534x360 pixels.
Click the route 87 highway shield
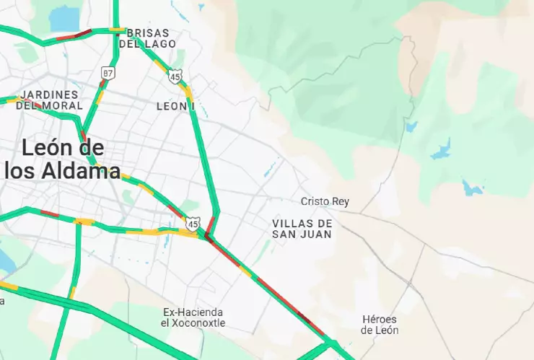[108, 74]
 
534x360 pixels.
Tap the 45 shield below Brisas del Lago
[175, 76]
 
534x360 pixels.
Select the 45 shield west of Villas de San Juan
[192, 224]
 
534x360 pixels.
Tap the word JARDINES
[49, 95]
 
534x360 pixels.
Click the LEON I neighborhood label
[175, 106]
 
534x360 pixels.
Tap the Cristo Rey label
[325, 201]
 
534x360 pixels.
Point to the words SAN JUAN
[302, 234]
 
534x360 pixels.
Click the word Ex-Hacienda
[193, 312]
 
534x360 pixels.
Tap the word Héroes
[380, 319]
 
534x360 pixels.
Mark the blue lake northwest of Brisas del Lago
[65, 17]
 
